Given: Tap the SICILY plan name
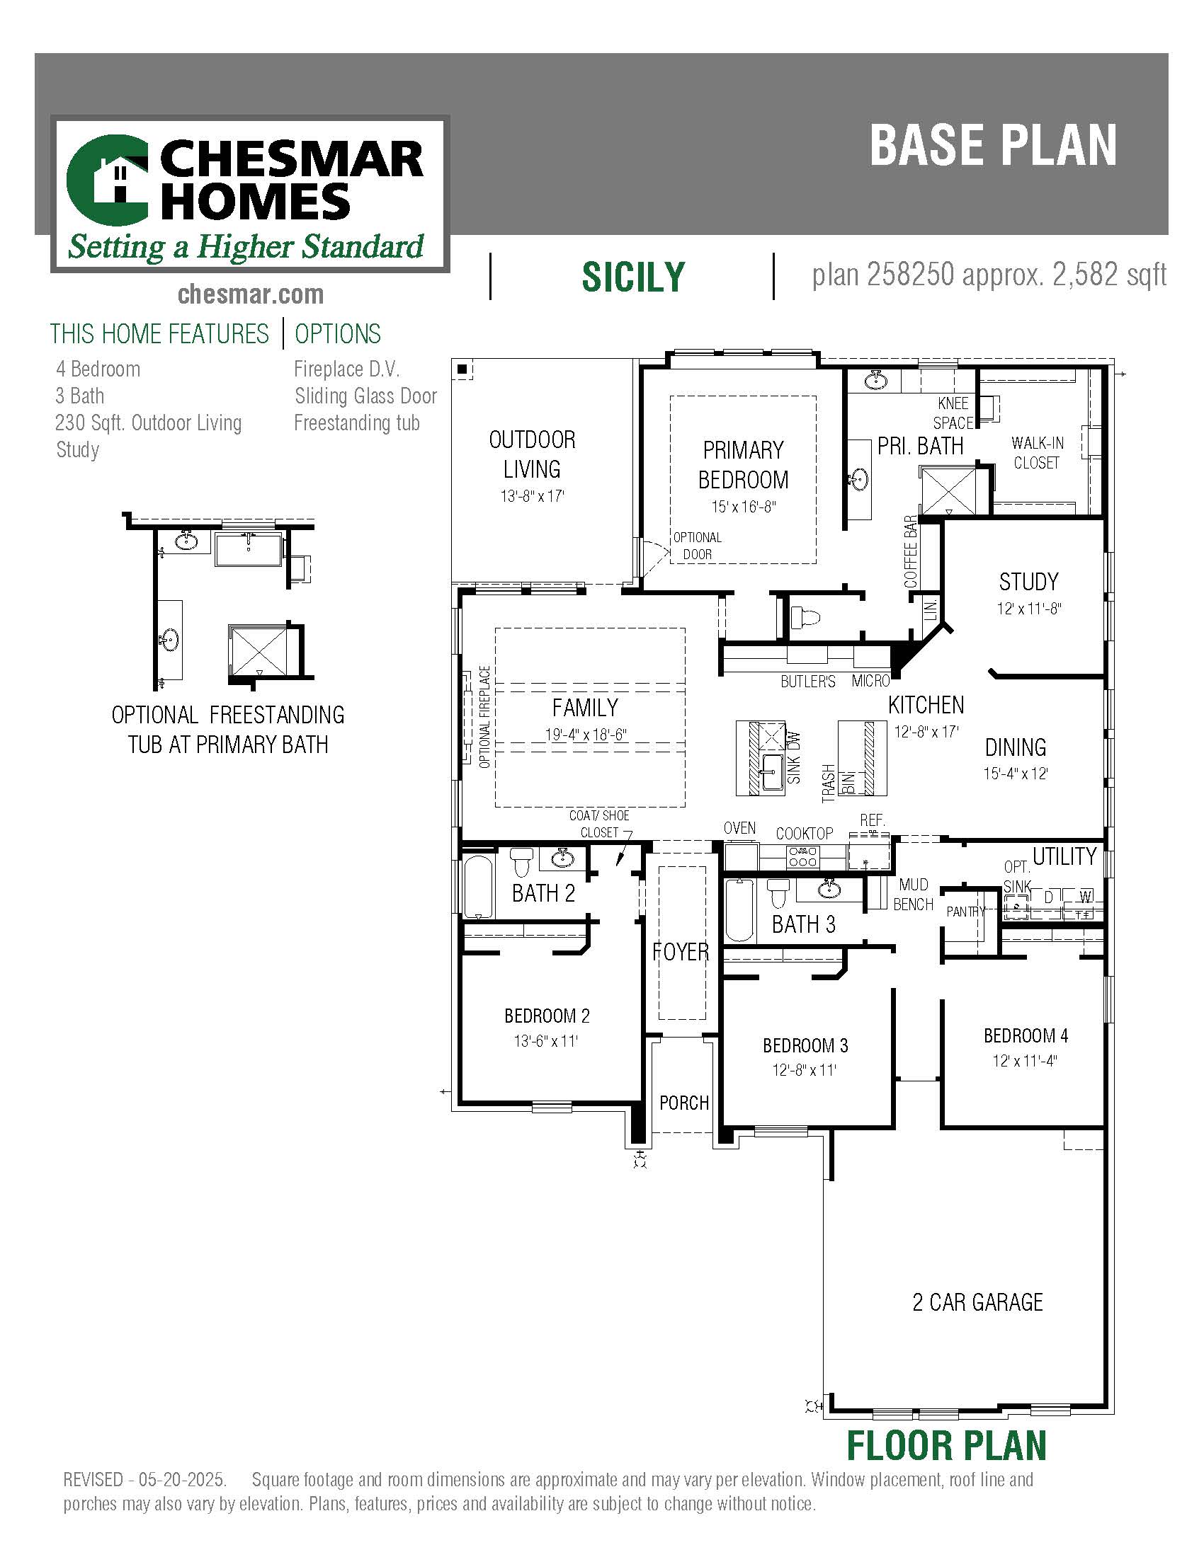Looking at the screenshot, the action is tap(633, 277).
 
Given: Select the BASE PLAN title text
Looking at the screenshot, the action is tap(993, 145).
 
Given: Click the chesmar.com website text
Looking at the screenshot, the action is tap(250, 294).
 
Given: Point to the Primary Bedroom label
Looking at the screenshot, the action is tap(743, 465).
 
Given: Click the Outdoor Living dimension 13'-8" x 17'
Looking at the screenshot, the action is tap(532, 496).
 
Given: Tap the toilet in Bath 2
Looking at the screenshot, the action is tap(522, 862).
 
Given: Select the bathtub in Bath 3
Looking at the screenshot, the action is tap(739, 910).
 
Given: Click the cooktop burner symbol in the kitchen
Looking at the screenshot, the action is tap(803, 856).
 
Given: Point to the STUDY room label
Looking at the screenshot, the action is tap(1028, 582).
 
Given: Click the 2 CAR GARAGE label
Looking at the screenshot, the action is tap(978, 1302).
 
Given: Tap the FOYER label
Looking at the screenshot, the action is tap(681, 952).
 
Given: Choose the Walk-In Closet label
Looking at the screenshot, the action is tap(1037, 453).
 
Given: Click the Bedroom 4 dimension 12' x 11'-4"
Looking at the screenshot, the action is tap(1025, 1061).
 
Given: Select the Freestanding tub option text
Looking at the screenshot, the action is tap(357, 423).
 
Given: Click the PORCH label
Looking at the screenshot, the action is tap(684, 1103).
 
